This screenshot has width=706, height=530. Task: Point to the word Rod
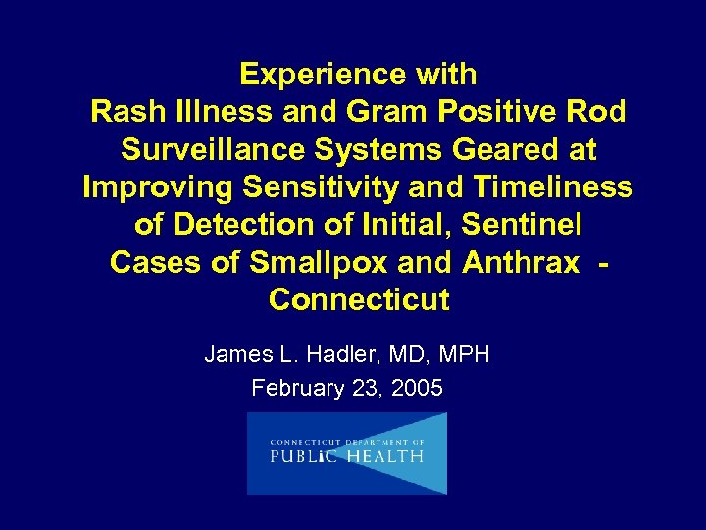(x=595, y=112)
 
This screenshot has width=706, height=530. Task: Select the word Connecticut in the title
(x=359, y=299)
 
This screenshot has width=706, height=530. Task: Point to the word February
(x=294, y=388)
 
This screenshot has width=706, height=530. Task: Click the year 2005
(x=417, y=388)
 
